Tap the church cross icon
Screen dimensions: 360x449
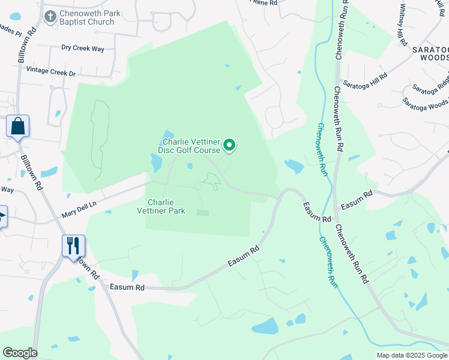point(50,16)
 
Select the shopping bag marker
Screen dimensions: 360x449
point(18,127)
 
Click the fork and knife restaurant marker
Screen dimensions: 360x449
point(73,246)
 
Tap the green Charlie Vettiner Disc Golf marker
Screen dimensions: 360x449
point(229,145)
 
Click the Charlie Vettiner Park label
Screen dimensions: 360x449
point(166,206)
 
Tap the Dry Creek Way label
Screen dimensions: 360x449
point(83,47)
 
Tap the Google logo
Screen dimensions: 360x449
point(20,353)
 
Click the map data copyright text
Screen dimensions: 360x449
point(412,355)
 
